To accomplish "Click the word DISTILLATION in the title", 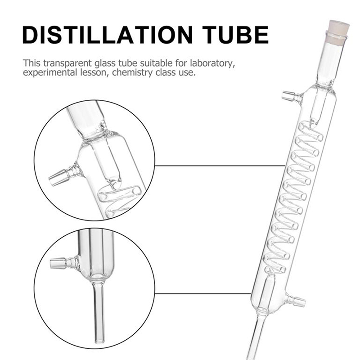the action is [x=108, y=35].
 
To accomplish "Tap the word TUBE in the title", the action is [x=235, y=35].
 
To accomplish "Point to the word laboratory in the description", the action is [x=212, y=63].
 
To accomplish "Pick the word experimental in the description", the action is [x=50, y=73].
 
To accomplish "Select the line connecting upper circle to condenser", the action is [x=220, y=165].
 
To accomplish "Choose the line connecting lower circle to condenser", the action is [x=203, y=293].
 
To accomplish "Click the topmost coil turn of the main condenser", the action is [x=310, y=132].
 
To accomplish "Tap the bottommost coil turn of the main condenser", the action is [x=275, y=267].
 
